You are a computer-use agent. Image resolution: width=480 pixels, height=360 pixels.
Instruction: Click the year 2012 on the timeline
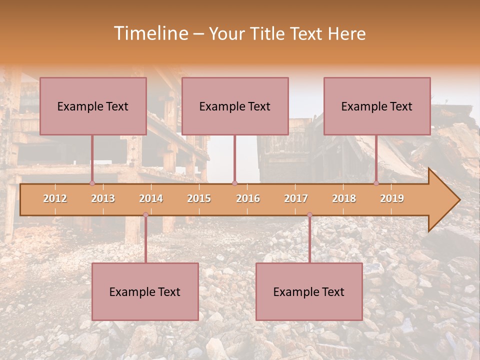[55, 198]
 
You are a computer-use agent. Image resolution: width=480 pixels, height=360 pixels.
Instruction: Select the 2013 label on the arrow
[103, 198]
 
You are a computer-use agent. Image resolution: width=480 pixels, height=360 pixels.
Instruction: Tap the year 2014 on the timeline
[151, 198]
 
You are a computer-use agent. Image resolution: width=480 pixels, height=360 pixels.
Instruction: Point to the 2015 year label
[199, 198]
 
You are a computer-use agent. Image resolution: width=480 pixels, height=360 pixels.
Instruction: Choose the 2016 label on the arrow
[248, 198]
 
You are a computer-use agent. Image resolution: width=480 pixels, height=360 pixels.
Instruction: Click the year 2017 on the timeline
[296, 198]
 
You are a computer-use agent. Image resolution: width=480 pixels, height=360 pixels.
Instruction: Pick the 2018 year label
[344, 198]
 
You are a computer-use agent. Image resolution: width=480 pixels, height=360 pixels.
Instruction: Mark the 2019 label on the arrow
[392, 198]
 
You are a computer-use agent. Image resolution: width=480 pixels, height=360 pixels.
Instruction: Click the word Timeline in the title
[150, 33]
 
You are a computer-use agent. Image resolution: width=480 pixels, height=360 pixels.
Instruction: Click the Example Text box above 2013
[93, 106]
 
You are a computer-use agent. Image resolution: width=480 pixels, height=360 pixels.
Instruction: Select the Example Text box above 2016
[235, 106]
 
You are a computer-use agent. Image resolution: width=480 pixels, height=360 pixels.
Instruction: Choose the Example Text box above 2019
[377, 106]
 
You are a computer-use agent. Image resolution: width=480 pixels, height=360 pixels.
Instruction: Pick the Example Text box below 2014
[145, 291]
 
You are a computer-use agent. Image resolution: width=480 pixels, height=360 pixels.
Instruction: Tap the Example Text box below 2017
[309, 291]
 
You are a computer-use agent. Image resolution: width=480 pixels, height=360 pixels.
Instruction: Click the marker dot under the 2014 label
[145, 215]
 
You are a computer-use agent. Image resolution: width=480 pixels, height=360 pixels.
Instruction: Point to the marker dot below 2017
[309, 215]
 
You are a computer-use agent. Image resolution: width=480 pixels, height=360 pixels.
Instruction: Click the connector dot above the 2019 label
[376, 183]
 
